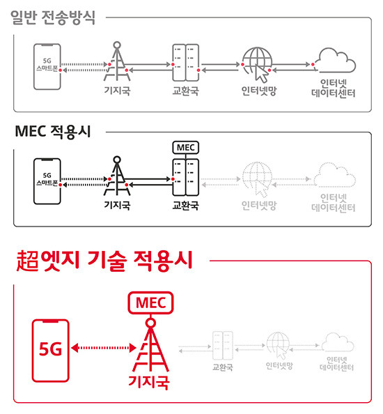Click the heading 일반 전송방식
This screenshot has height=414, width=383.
click(53, 17)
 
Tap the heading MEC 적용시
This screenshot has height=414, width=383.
click(53, 132)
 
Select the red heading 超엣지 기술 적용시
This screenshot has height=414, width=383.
click(104, 261)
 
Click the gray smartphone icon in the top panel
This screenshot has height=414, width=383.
click(47, 67)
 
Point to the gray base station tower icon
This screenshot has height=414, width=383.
click(117, 61)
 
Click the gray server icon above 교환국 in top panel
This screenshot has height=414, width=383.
click(186, 63)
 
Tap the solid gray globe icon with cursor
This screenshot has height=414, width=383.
click(258, 64)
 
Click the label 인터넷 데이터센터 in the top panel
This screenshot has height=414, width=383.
click(333, 89)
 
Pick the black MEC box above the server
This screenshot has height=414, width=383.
click(186, 147)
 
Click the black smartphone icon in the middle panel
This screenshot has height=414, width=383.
click(47, 181)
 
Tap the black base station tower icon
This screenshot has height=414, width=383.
click(117, 176)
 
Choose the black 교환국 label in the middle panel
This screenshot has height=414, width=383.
click(185, 206)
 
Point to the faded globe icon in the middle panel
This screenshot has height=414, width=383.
click(257, 179)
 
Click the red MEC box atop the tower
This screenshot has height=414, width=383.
click(150, 303)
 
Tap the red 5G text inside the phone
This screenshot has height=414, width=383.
click(50, 349)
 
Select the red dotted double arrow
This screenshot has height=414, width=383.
click(104, 348)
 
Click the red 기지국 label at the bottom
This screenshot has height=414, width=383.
click(149, 382)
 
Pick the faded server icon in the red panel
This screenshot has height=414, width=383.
click(223, 346)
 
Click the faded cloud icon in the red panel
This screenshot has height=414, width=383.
click(338, 342)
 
